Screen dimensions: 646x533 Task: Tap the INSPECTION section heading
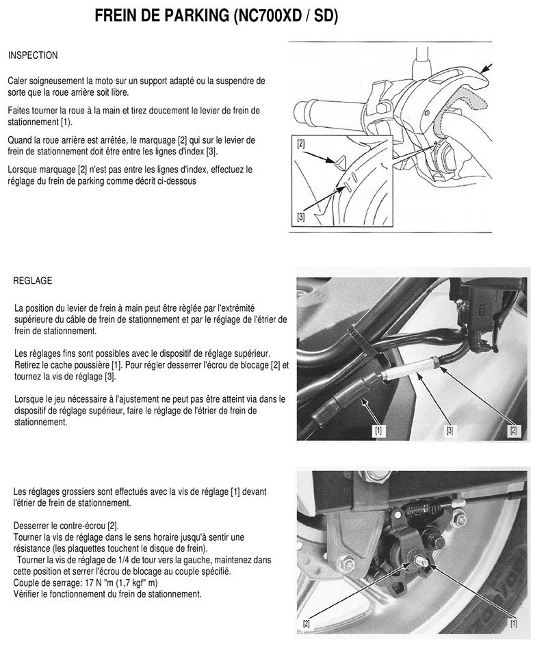(x=33, y=55)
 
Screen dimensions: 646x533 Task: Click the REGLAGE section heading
(x=33, y=281)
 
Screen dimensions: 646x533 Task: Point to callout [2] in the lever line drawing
(x=302, y=144)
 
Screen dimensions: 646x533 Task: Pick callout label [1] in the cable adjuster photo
(x=378, y=431)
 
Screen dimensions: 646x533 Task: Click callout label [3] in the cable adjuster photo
(x=450, y=431)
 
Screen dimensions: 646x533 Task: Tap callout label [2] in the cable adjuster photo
(x=514, y=431)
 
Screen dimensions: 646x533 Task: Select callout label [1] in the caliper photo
(x=513, y=623)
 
